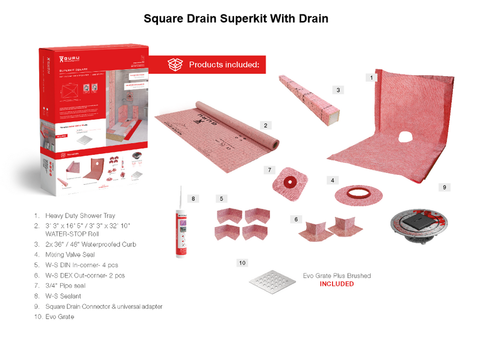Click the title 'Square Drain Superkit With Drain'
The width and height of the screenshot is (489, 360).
[x=236, y=19]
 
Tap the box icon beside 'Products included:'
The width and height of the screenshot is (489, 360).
[x=175, y=65]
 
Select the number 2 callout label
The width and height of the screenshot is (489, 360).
[x=265, y=125]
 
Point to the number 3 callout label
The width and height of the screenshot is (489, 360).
[x=338, y=90]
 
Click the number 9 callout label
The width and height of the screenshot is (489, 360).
[x=444, y=188]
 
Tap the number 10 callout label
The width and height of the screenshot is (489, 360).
[x=242, y=263]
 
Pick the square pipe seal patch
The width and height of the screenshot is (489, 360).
[x=290, y=182]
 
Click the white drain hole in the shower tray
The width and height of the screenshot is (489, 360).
[x=406, y=137]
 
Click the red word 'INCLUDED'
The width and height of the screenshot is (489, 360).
[x=337, y=284]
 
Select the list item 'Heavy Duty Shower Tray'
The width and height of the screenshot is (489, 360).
[x=80, y=215]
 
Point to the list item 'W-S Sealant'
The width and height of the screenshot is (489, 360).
[x=63, y=296]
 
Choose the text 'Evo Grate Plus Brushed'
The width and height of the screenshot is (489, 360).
[x=337, y=276]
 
